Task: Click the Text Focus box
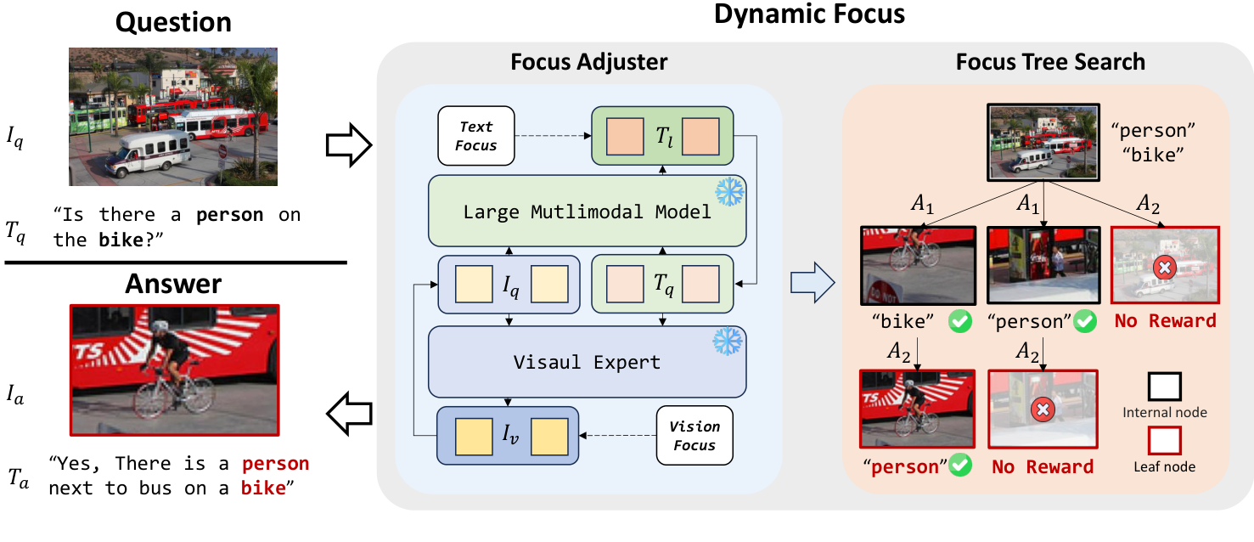click(475, 135)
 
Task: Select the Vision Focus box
click(694, 436)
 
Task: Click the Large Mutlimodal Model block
click(587, 212)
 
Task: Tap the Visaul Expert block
click(587, 361)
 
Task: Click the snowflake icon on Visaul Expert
click(728, 341)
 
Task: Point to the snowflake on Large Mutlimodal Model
click(728, 191)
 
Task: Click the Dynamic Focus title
click(809, 14)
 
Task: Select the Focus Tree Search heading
click(1049, 62)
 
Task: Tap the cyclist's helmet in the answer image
click(160, 326)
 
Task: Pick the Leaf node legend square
click(1164, 441)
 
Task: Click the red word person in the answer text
click(275, 464)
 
